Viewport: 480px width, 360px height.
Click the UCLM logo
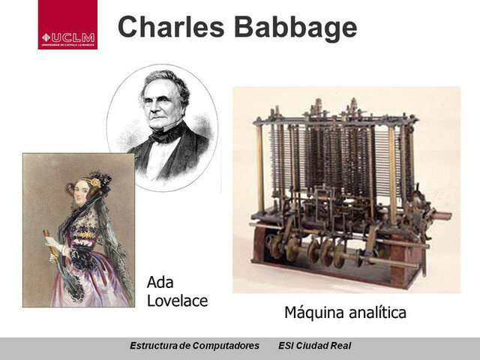point(67,25)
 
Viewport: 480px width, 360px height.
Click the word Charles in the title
point(169,27)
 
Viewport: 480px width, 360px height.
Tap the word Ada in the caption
point(160,283)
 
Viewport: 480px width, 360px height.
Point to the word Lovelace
point(177,301)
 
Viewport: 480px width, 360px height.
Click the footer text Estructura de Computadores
point(195,346)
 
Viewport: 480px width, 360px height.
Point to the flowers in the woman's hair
point(95,182)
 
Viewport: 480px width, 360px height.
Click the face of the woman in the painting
point(82,193)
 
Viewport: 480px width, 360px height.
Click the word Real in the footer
point(340,346)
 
